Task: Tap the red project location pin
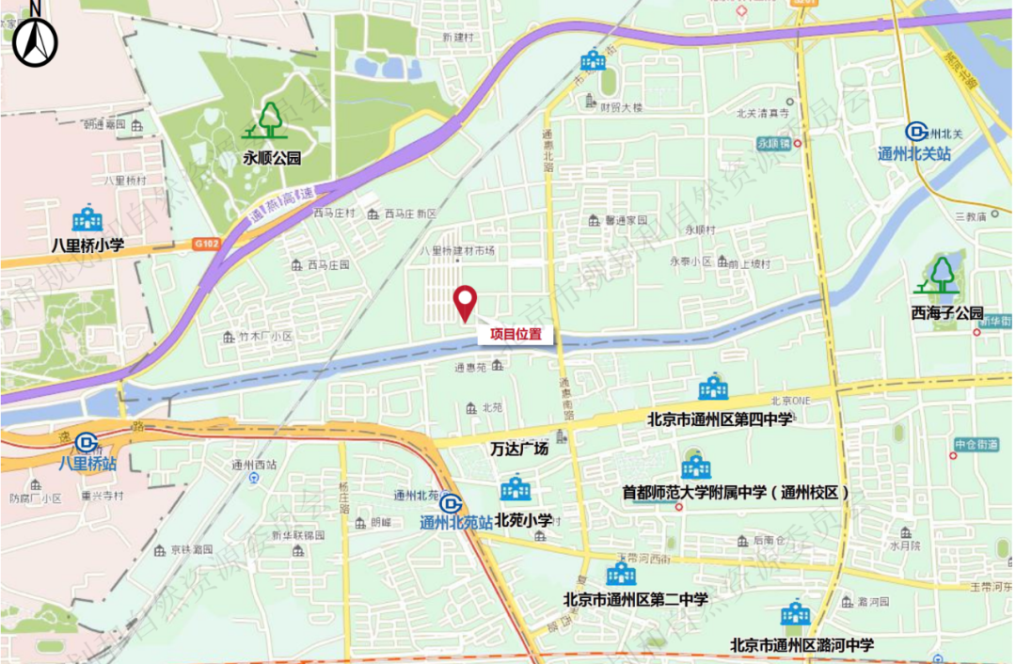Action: coord(465,303)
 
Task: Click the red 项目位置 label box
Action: coord(516,334)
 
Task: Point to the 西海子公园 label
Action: coord(946,312)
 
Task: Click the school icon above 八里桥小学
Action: coord(87,219)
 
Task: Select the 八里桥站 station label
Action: coord(87,463)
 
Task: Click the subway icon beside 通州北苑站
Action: coord(451,504)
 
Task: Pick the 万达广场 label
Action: coord(519,449)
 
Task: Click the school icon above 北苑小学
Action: coord(516,489)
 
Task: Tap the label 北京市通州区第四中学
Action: coord(720,419)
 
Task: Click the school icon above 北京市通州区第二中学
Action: coord(621,573)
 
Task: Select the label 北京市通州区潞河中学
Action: coord(802,645)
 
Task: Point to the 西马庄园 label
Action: coord(328,265)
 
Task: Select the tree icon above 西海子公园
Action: coord(941,276)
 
